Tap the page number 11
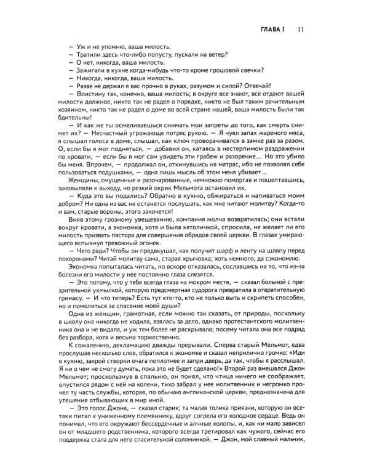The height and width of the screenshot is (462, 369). click(x=300, y=29)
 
